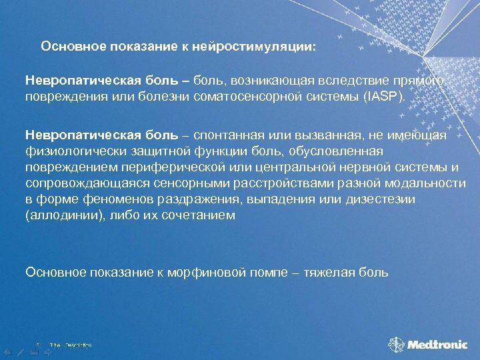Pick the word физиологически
tap(69, 150)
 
